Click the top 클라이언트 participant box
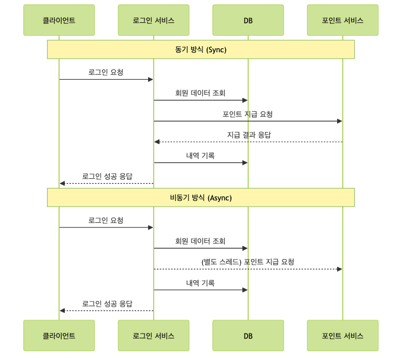[x=59, y=21]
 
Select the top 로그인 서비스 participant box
[x=153, y=21]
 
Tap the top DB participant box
[x=248, y=21]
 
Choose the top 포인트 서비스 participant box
[x=342, y=21]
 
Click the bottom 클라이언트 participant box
[x=59, y=336]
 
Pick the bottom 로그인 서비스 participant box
[x=153, y=336]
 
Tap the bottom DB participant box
[x=248, y=336]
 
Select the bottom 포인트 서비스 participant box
[x=342, y=336]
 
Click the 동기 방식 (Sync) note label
[x=201, y=50]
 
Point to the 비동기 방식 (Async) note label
[x=201, y=197]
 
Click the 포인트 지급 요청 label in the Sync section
[x=248, y=114]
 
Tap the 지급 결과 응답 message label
[x=249, y=135]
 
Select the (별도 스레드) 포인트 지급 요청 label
[x=248, y=262]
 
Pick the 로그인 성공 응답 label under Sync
[x=107, y=176]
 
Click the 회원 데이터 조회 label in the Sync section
[x=200, y=93]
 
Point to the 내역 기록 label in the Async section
[x=200, y=283]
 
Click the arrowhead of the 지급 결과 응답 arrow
[x=156, y=142]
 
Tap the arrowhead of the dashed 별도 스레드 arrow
[x=340, y=269]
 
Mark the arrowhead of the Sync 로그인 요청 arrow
[x=151, y=79]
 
